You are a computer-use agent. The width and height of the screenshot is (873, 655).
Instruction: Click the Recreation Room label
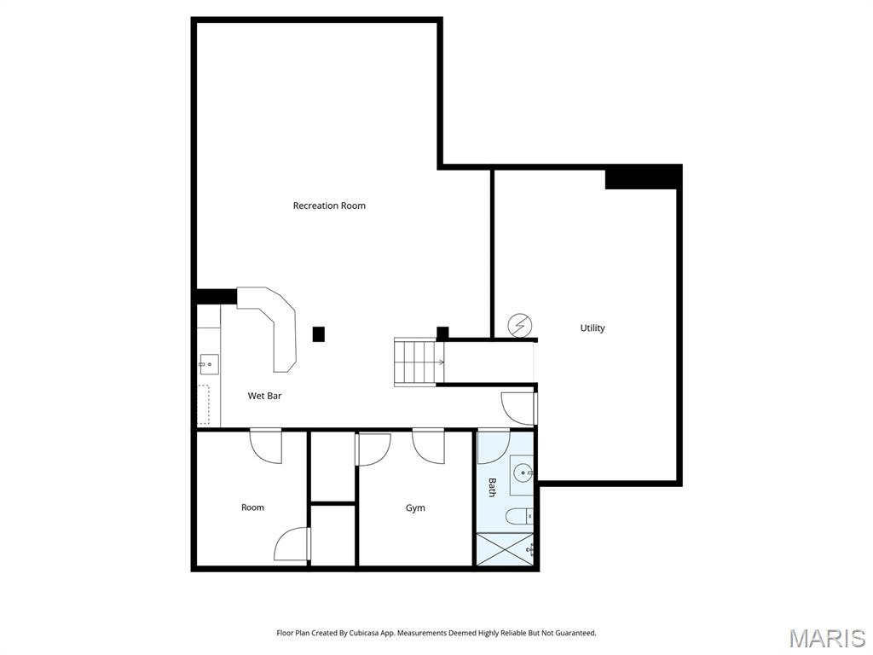[x=329, y=206]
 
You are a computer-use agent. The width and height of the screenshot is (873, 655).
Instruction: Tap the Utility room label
[x=593, y=328]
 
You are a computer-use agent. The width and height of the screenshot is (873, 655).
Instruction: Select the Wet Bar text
[x=264, y=396]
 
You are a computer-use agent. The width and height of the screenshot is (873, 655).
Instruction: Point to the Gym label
[x=415, y=508]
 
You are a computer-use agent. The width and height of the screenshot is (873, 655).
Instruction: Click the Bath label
[x=492, y=487]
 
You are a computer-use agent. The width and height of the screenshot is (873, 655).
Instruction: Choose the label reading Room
[x=252, y=507]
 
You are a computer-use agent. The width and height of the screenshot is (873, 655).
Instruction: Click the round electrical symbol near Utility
[x=520, y=325]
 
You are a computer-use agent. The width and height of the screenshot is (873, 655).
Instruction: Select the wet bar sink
[x=209, y=365]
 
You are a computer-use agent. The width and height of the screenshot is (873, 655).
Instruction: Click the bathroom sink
[x=523, y=473]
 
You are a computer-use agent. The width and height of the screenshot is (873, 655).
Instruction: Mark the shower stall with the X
[x=505, y=548]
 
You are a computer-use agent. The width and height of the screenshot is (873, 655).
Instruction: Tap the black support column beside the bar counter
[x=319, y=334]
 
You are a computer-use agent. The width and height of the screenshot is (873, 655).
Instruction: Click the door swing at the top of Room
[x=266, y=445]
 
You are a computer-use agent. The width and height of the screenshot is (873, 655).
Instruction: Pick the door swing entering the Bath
[x=494, y=446]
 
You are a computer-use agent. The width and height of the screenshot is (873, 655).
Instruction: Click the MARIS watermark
[x=827, y=638]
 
